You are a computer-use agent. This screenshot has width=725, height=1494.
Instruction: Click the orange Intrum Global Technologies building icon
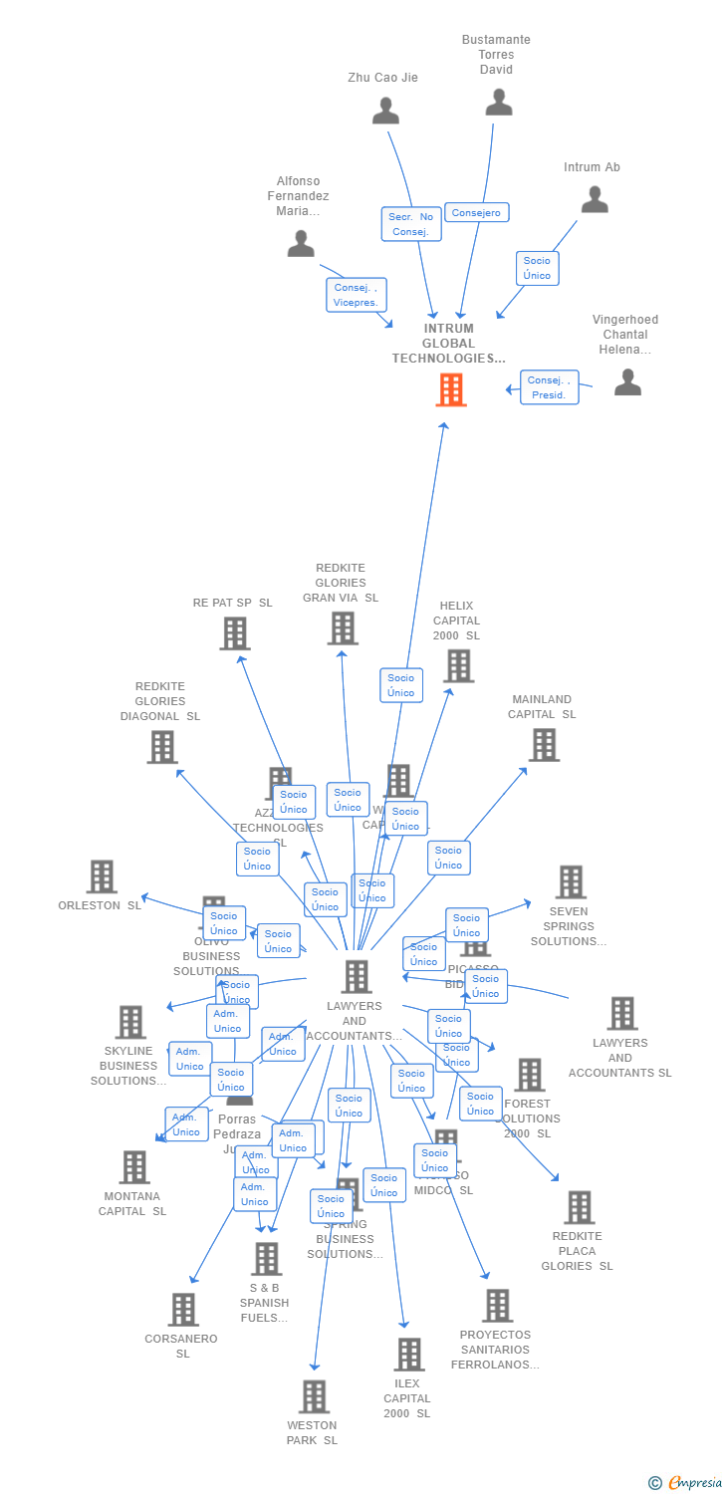click(x=451, y=389)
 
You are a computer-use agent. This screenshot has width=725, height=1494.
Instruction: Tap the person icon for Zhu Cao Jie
click(x=385, y=111)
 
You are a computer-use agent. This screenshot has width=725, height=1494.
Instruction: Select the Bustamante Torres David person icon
click(x=498, y=102)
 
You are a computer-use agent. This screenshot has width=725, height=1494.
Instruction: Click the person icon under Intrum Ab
click(x=595, y=200)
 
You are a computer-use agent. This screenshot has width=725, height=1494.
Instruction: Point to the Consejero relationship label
click(x=476, y=212)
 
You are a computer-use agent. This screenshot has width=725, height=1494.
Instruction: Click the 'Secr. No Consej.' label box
click(x=411, y=224)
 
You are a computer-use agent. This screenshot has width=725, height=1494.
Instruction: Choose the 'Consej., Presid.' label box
click(x=549, y=387)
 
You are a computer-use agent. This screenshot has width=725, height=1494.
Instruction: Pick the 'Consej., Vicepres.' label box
click(x=356, y=295)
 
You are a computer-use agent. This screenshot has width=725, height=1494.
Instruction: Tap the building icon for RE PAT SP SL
click(x=234, y=633)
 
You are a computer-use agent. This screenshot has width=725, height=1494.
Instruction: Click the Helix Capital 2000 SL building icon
click(x=458, y=665)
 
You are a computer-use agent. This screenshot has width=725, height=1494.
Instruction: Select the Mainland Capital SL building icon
click(x=543, y=744)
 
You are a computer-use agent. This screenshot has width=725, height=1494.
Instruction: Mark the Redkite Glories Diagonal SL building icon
click(x=162, y=747)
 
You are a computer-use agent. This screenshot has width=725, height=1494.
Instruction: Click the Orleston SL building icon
click(x=102, y=876)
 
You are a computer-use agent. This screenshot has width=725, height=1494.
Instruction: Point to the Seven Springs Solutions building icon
click(x=570, y=881)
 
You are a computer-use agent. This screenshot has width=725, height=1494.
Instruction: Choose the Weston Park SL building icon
click(x=314, y=1396)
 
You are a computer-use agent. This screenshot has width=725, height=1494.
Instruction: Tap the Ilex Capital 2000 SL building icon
click(x=408, y=1355)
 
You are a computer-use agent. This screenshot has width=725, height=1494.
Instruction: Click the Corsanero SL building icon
click(x=183, y=1310)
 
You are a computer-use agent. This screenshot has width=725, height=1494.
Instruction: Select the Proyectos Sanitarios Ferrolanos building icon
click(x=496, y=1305)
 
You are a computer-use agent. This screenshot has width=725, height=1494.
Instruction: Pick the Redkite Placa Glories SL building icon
click(x=578, y=1207)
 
